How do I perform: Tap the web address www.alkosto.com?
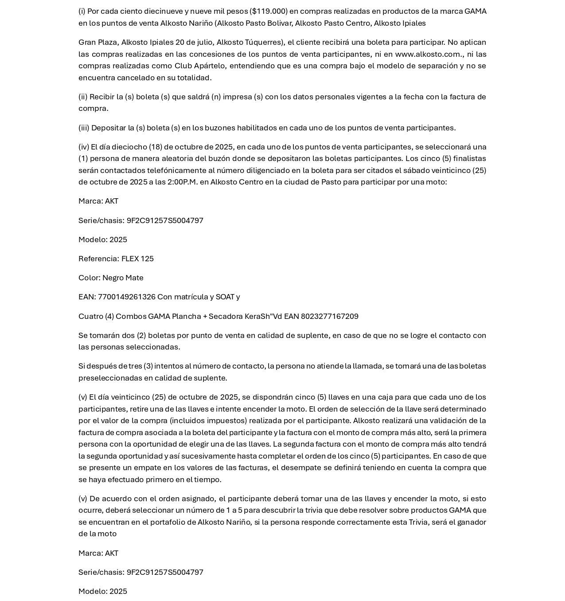[x=428, y=54]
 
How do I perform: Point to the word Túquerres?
[x=264, y=43]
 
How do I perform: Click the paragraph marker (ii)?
[x=83, y=97]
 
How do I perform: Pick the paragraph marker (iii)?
[x=84, y=128]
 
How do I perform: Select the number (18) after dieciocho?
[x=156, y=147]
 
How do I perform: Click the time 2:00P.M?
[x=182, y=182]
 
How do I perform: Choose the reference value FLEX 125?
[x=137, y=259]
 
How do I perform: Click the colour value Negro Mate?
[x=123, y=278]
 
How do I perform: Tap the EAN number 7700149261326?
[x=126, y=297]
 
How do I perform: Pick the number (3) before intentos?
[x=148, y=366]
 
